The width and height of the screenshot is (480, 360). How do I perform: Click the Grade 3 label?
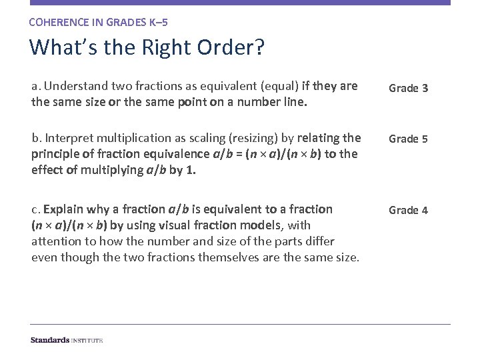tap(408, 88)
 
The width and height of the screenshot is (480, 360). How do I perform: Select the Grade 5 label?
tap(408, 139)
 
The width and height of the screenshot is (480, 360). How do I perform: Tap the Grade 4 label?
tap(408, 210)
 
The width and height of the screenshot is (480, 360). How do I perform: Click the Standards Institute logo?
tap(67, 340)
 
